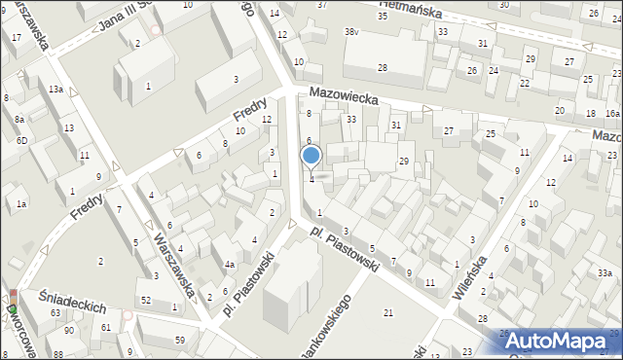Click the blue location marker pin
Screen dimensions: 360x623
tap(311, 157)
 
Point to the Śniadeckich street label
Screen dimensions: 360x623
tap(73, 303)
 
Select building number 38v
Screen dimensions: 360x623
tap(351, 32)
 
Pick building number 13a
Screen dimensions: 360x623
tap(55, 90)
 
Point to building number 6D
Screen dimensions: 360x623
tap(21, 140)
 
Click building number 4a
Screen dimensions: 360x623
tap(230, 265)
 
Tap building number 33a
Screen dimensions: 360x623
tap(605, 274)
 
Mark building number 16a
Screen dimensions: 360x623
tap(611, 114)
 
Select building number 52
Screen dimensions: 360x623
tap(146, 300)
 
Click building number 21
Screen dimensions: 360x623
tap(388, 312)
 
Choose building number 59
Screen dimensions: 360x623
tap(180, 340)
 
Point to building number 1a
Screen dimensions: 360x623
tap(20, 204)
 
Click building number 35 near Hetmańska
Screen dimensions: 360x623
tap(383, 17)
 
